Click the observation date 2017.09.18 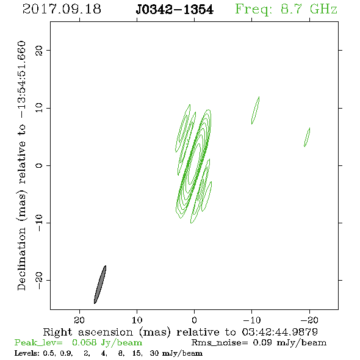[62, 9]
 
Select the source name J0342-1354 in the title [175, 10]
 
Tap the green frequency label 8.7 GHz [309, 9]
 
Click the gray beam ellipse [100, 284]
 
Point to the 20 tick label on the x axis [79, 320]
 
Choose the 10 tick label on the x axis [137, 320]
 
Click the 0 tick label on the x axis [194, 320]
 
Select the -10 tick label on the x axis [252, 320]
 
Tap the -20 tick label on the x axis [309, 320]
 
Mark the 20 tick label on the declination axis [39, 50]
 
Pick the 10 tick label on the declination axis [39, 108]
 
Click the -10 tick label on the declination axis [39, 223]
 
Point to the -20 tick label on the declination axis [39, 280]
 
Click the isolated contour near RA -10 [255, 110]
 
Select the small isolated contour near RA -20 [307, 137]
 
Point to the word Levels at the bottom [25, 353]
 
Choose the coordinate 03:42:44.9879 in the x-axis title [280, 332]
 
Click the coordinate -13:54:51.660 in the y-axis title [22, 79]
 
